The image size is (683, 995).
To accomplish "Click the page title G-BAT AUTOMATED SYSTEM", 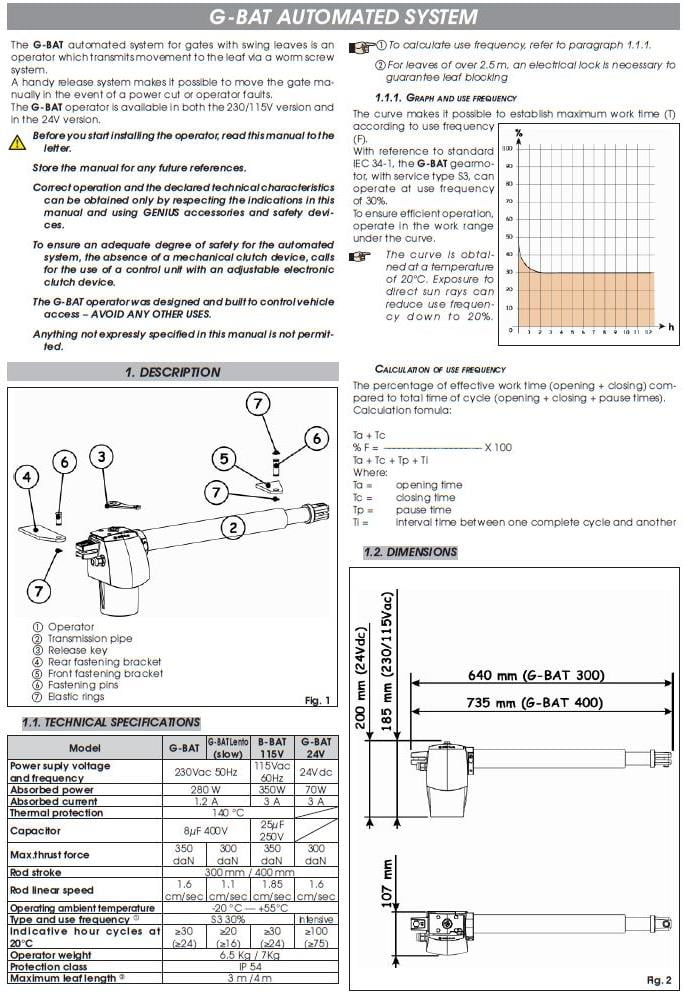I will point(342,17).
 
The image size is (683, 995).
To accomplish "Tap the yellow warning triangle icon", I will point(18,142).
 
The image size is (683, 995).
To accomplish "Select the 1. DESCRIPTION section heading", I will point(172,372).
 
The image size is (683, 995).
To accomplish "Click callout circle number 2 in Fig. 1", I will point(231,528).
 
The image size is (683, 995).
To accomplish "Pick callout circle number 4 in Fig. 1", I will point(27,477).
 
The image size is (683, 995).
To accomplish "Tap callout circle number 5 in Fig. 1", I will point(224,458).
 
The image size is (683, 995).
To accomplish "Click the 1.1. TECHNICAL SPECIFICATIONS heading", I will point(111,722).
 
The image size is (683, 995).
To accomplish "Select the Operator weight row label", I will point(50,956).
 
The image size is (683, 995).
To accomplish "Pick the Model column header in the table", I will point(84,748).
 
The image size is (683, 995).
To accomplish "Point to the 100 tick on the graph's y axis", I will point(508,148).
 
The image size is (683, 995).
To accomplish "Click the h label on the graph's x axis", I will point(670,326).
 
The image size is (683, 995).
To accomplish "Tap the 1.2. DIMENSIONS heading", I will point(409,552).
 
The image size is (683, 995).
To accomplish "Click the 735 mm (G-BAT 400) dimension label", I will point(548,703).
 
